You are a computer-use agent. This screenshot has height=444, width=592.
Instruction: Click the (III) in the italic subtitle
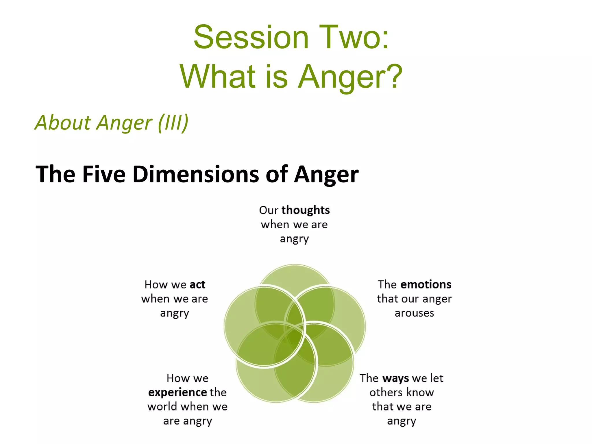click(x=173, y=123)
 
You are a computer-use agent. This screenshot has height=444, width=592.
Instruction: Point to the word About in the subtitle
click(x=63, y=122)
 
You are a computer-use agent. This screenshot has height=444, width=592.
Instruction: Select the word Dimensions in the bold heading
click(x=196, y=174)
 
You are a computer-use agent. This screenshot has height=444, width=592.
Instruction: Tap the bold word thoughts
click(x=306, y=210)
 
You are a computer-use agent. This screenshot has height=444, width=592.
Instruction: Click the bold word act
click(x=197, y=284)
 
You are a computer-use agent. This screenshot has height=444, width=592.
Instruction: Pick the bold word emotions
click(x=426, y=284)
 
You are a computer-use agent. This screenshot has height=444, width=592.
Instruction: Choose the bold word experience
click(x=177, y=393)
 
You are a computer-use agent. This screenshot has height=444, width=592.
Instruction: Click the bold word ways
click(x=395, y=378)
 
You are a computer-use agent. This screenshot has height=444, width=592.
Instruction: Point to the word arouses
click(x=414, y=313)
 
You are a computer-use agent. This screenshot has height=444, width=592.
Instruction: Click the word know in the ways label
click(x=421, y=393)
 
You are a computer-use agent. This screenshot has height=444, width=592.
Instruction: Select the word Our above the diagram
click(x=269, y=210)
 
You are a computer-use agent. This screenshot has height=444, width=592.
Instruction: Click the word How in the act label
click(x=156, y=284)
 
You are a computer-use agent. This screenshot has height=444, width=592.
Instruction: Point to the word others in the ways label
click(x=386, y=393)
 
